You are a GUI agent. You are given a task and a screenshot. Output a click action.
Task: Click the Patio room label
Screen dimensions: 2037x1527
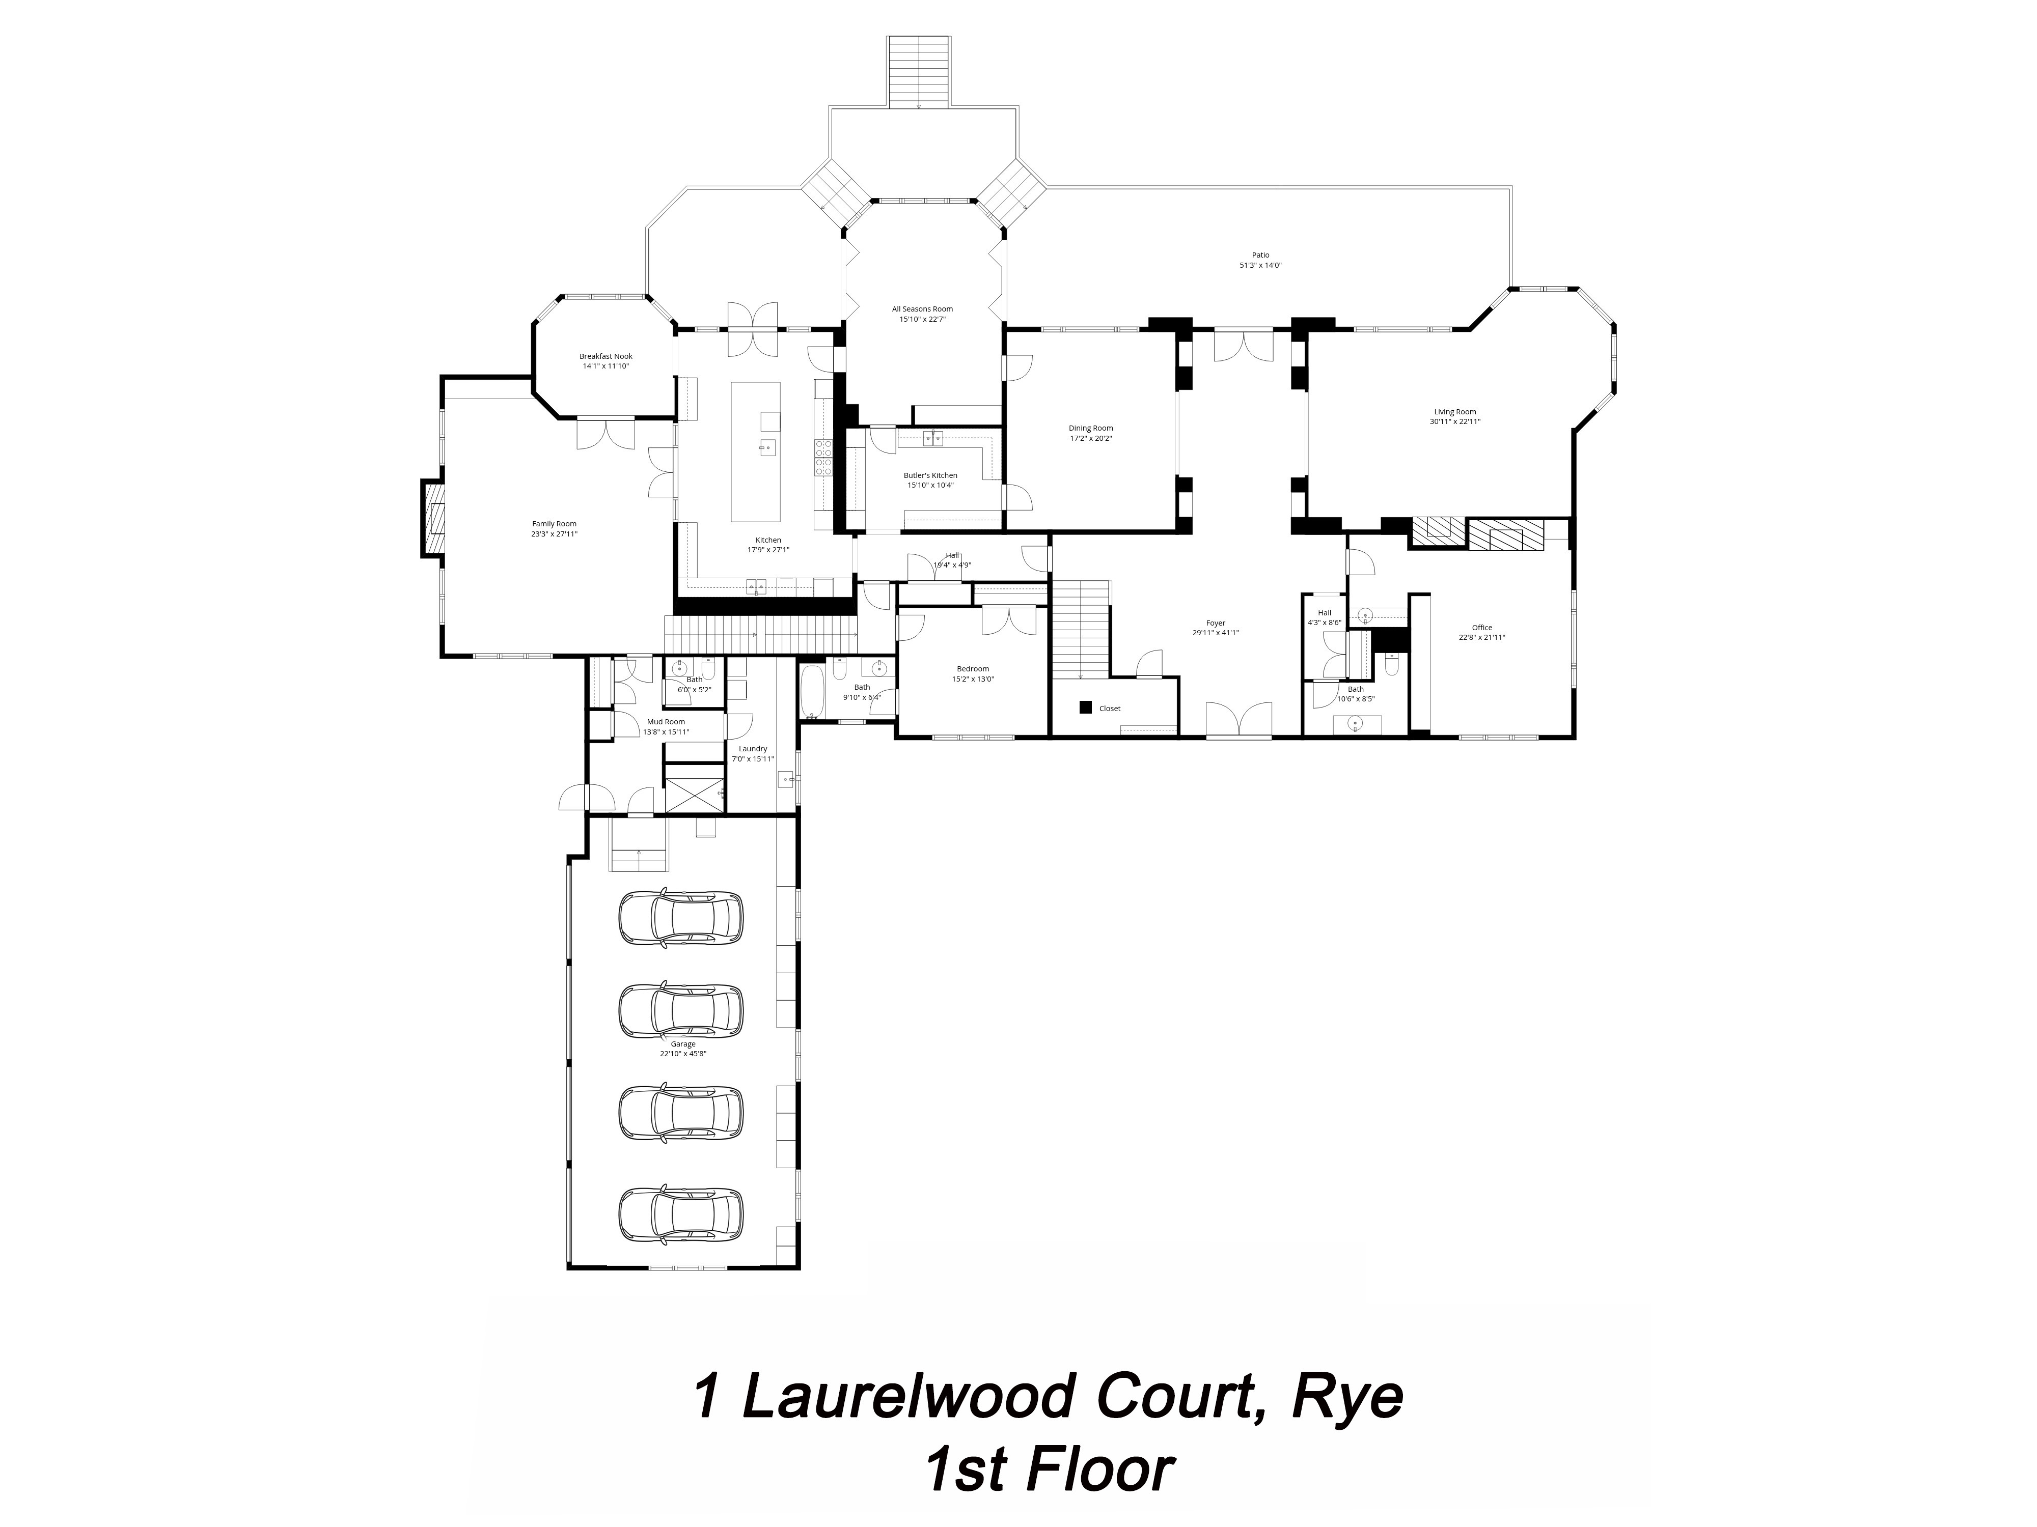pyautogui.click(x=1260, y=260)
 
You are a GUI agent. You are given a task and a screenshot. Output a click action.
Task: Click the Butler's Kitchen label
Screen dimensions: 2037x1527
pyautogui.click(x=930, y=479)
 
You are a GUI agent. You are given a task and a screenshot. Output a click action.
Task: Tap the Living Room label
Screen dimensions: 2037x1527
pyautogui.click(x=1454, y=416)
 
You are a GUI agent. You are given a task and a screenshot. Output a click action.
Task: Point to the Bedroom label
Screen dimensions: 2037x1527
pyautogui.click(x=973, y=674)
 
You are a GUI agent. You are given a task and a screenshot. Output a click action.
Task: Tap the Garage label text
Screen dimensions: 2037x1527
pyautogui.click(x=682, y=1049)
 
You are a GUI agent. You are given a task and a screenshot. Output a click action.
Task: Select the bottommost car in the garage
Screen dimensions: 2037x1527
pyautogui.click(x=680, y=1215)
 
